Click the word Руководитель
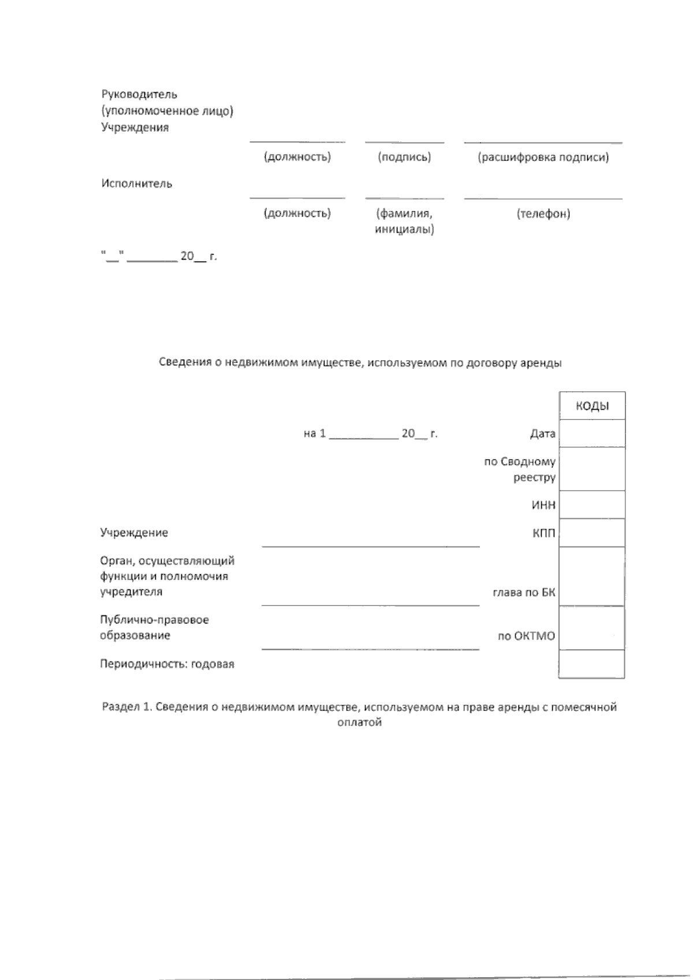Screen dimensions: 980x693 pos(139,94)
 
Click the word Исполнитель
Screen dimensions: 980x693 pos(137,184)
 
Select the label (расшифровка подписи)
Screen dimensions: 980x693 pos(543,157)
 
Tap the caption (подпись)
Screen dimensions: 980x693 pos(404,157)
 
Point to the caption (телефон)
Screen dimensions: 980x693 pos(543,214)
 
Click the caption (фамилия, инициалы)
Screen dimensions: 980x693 pos(404,221)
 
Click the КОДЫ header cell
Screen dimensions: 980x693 pos(592,406)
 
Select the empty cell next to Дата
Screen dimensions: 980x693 pos(592,433)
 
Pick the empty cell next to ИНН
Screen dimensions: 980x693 pos(592,505)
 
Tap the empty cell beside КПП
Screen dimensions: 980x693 pos(592,533)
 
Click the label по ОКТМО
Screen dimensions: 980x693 pos(526,636)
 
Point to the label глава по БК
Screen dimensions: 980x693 pos(524,592)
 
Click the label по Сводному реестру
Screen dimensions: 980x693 pos(520,469)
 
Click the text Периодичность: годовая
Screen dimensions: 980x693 pos(167,664)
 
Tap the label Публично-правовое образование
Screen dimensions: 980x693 pos(154,627)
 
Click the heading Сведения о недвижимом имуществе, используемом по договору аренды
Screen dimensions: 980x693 pos(360,363)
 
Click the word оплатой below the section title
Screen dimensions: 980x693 pos(359,723)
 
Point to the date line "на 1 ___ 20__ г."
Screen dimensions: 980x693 pos(370,433)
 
